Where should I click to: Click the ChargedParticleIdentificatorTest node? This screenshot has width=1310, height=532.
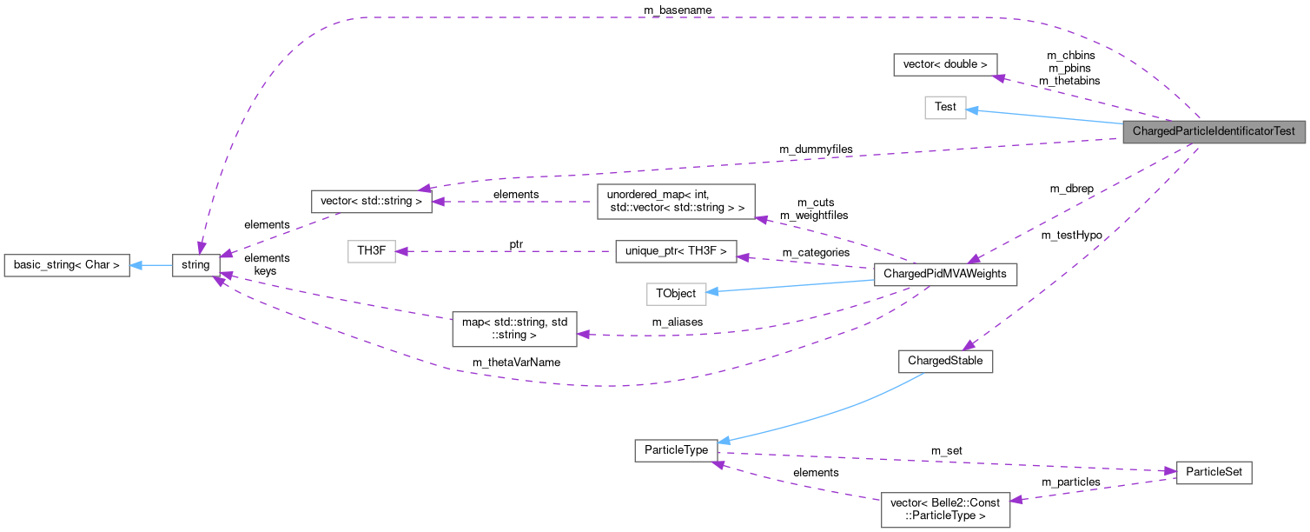tap(1214, 132)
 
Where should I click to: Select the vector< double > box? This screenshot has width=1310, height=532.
tap(945, 64)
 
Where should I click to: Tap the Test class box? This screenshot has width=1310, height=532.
tap(945, 107)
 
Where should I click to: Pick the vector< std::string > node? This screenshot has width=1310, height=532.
tap(371, 202)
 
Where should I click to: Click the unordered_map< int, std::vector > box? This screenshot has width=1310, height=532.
tap(676, 201)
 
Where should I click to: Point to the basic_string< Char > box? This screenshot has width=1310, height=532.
tap(67, 265)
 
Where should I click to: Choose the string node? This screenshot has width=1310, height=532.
tap(196, 265)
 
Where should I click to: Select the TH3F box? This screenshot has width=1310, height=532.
tap(371, 252)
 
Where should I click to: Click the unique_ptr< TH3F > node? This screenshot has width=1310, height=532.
tap(676, 252)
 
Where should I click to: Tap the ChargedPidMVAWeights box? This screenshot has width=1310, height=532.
tap(944, 274)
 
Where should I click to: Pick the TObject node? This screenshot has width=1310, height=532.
tap(676, 294)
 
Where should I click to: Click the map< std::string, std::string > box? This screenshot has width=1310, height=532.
tap(514, 329)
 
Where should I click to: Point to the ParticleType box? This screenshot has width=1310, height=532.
tap(676, 450)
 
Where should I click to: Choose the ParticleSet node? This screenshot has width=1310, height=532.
tap(1214, 473)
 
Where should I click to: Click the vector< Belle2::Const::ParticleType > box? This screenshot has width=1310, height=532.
tap(945, 509)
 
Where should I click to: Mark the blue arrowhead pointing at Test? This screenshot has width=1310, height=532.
tap(973, 110)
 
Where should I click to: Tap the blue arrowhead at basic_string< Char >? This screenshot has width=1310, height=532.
tap(136, 265)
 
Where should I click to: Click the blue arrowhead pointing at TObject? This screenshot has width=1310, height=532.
tap(712, 292)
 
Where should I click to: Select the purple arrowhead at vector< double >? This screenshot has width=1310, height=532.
tap(1000, 77)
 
